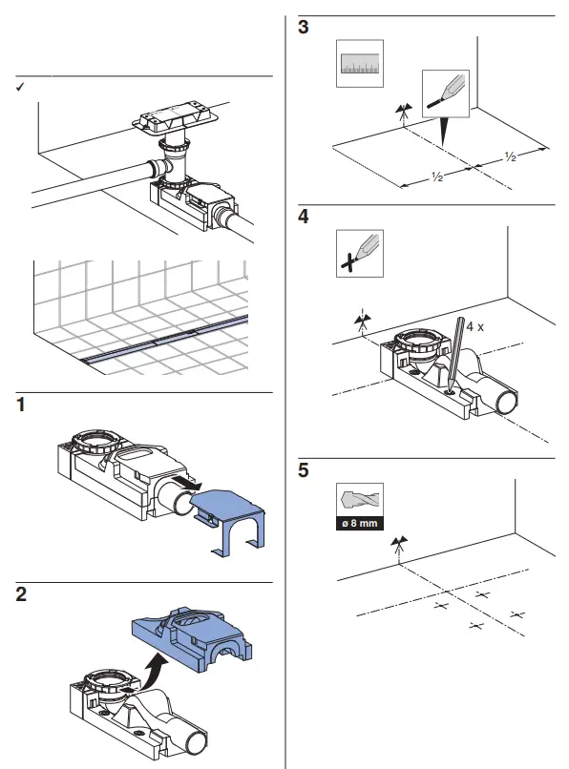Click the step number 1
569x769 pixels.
[22, 406]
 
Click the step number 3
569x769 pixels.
[304, 28]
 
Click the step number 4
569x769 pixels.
[304, 217]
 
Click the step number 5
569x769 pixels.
[304, 469]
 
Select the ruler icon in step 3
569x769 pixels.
[360, 63]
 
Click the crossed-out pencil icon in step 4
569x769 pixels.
[360, 254]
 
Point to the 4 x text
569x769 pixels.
[474, 326]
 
